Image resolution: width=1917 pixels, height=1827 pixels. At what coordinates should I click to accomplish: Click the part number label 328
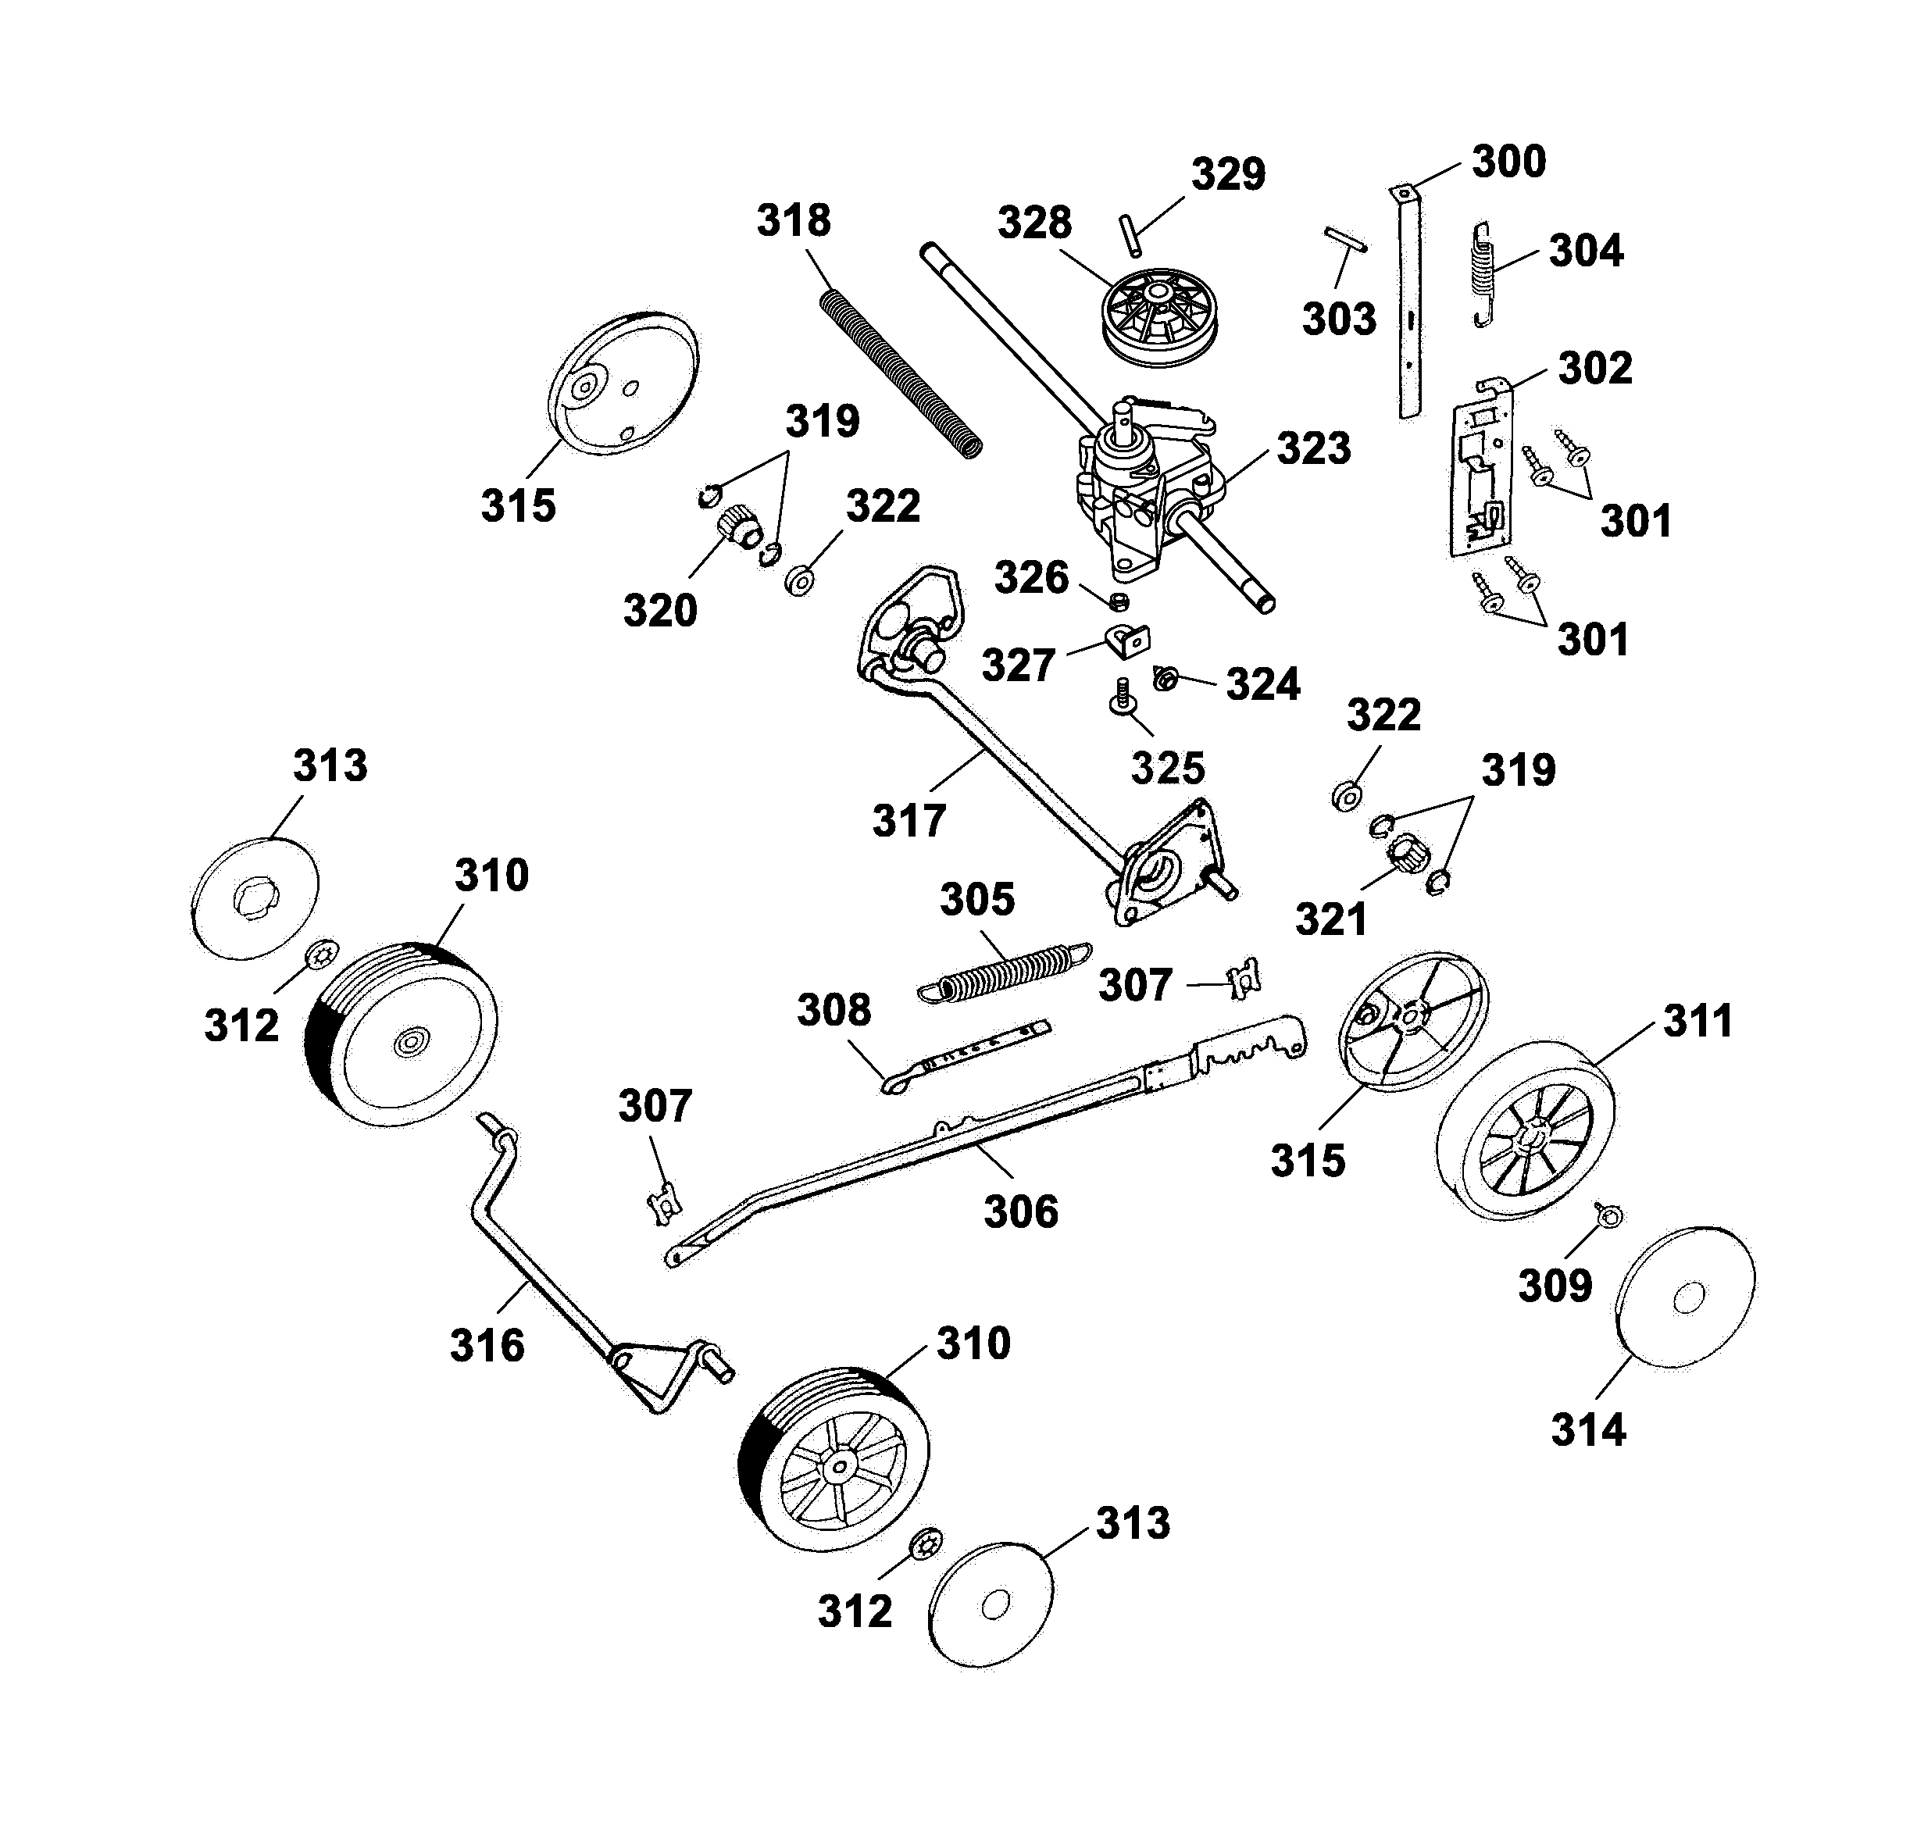tap(1033, 223)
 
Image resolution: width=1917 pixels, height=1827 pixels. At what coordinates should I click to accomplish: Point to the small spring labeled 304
tap(1480, 273)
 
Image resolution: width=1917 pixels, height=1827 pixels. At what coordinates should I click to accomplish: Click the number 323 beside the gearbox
tap(1313, 449)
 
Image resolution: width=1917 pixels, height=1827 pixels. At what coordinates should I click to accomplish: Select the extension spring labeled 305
tap(1005, 972)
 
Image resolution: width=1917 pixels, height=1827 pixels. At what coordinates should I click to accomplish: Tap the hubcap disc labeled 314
tap(1685, 1297)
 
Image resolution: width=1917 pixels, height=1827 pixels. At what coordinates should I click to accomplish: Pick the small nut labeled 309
tap(1608, 1215)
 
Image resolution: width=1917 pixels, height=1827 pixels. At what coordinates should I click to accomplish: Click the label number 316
tap(487, 1346)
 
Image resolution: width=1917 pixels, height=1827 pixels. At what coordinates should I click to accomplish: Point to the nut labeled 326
tap(1120, 600)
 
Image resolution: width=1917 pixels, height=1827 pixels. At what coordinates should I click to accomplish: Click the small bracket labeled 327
tap(1128, 640)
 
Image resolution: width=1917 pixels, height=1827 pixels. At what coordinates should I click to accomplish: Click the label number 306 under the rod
tap(1020, 1211)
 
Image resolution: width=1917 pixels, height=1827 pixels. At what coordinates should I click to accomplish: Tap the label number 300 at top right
tap(1508, 162)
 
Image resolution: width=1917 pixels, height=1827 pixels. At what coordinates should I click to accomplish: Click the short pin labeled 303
tap(1345, 240)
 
